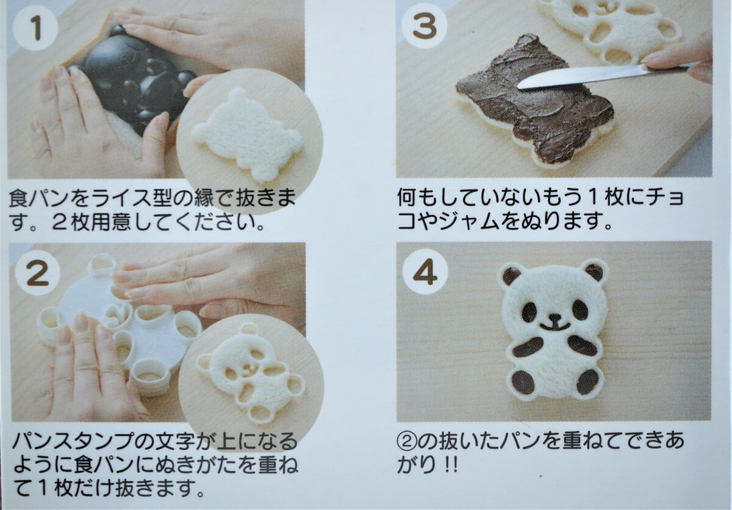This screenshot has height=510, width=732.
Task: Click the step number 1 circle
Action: pyautogui.click(x=35, y=27)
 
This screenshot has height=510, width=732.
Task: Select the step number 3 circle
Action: pyautogui.click(x=425, y=26)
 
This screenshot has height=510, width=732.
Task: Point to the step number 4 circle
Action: pyautogui.click(x=425, y=272)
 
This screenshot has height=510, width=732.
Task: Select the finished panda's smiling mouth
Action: pyautogui.click(x=554, y=327)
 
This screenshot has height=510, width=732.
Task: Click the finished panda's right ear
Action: pyautogui.click(x=594, y=272)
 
